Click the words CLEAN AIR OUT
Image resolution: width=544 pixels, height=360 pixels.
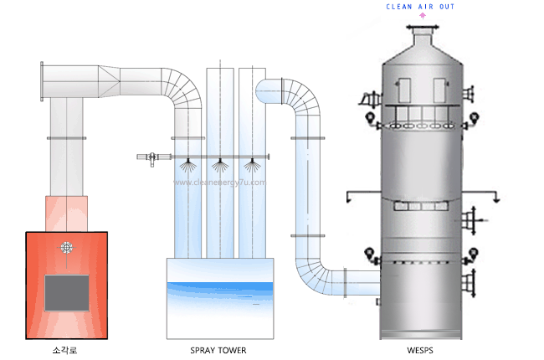click(421, 6)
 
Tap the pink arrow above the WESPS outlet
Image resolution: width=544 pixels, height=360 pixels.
click(422, 16)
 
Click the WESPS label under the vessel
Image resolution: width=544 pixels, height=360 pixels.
click(420, 350)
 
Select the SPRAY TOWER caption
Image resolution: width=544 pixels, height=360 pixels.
click(218, 350)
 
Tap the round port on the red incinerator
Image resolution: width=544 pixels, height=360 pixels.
click(66, 248)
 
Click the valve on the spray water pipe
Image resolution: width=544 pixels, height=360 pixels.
click(152, 157)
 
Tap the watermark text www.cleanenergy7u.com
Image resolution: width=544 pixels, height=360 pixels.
click(219, 182)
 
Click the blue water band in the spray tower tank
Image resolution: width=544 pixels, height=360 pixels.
click(218, 288)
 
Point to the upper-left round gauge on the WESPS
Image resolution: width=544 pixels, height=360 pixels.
click(369, 116)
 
